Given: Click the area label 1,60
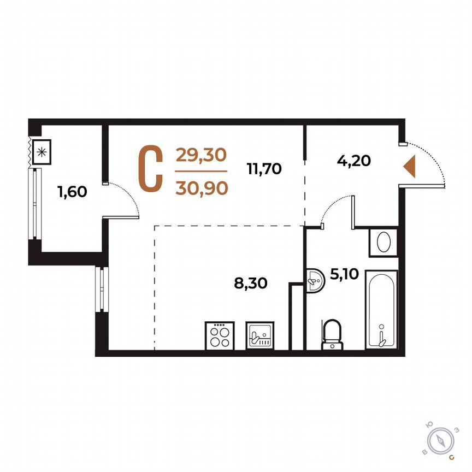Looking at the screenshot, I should click(72, 192).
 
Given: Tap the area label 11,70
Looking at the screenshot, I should click(264, 169).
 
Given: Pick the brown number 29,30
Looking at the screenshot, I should click(200, 156).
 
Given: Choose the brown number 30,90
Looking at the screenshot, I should click(200, 188).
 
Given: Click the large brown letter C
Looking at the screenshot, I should click(150, 169).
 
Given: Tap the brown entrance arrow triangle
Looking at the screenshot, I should click(410, 166).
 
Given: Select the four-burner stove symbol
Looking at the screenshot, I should click(220, 334).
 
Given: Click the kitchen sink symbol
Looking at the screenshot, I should click(259, 334).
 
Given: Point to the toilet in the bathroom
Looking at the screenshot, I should click(331, 333).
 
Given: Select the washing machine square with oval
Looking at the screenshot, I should click(383, 241).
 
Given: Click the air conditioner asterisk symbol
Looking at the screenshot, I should click(42, 152).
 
